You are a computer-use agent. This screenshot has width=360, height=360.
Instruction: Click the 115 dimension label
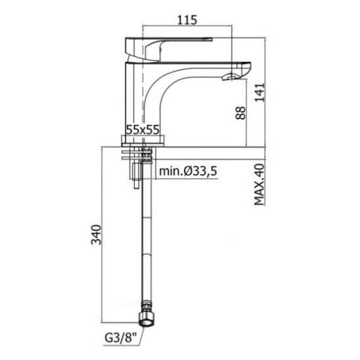(x=187, y=20)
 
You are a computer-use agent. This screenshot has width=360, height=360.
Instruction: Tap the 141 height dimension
(x=259, y=92)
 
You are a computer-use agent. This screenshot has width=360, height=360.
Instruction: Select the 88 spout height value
(x=240, y=113)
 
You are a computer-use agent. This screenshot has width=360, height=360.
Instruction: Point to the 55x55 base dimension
(x=143, y=130)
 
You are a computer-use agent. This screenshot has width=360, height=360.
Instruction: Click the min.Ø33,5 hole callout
(x=188, y=171)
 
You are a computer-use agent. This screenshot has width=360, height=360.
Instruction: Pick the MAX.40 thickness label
(x=259, y=185)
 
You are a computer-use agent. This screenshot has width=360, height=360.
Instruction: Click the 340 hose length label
(x=96, y=235)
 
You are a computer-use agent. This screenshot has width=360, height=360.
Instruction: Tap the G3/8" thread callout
(x=120, y=338)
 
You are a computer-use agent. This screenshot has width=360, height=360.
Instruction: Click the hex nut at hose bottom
(x=146, y=319)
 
